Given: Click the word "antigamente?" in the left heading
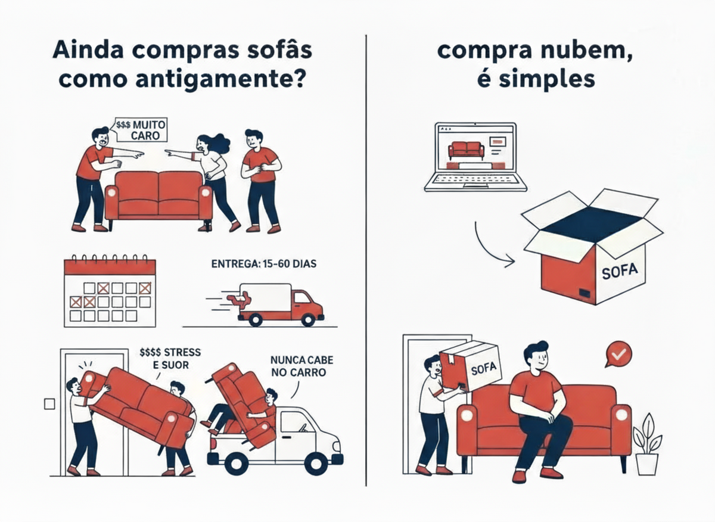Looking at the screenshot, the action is [220, 79].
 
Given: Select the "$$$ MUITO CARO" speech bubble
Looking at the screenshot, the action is [141, 130].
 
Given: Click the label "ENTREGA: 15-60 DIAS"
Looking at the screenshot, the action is [263, 264].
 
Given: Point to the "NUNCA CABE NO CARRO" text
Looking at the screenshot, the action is [301, 366].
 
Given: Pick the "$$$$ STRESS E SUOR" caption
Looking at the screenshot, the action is [170, 359].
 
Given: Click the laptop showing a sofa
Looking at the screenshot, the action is [475, 157].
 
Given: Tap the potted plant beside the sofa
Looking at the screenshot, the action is [646, 444].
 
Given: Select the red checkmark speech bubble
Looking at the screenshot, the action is [618, 354].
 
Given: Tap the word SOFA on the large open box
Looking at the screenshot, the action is [620, 271].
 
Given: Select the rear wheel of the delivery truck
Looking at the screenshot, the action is [256, 319].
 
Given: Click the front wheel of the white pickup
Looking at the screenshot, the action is [316, 463].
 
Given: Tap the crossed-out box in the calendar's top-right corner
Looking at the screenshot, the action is [145, 288].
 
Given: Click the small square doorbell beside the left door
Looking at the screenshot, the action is [49, 404].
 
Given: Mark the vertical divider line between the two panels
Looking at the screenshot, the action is [366, 260].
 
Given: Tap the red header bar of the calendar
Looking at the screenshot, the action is [110, 267].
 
